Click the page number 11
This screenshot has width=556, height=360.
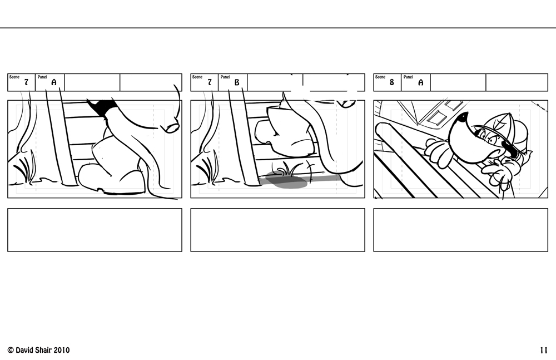544,350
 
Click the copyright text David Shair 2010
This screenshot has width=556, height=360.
38,350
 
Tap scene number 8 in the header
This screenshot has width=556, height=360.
391,82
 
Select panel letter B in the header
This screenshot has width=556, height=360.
237,82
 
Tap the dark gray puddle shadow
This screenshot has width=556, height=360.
286,180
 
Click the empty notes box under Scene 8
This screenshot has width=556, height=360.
460,230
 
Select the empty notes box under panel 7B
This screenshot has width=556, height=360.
277,230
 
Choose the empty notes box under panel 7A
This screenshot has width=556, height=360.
95,230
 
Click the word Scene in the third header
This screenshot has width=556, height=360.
380,77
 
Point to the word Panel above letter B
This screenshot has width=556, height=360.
225,77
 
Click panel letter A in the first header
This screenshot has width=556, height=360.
54,82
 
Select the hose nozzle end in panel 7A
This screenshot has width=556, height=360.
172,127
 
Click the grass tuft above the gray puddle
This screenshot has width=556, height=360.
289,169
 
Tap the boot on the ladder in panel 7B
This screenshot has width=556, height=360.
284,131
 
